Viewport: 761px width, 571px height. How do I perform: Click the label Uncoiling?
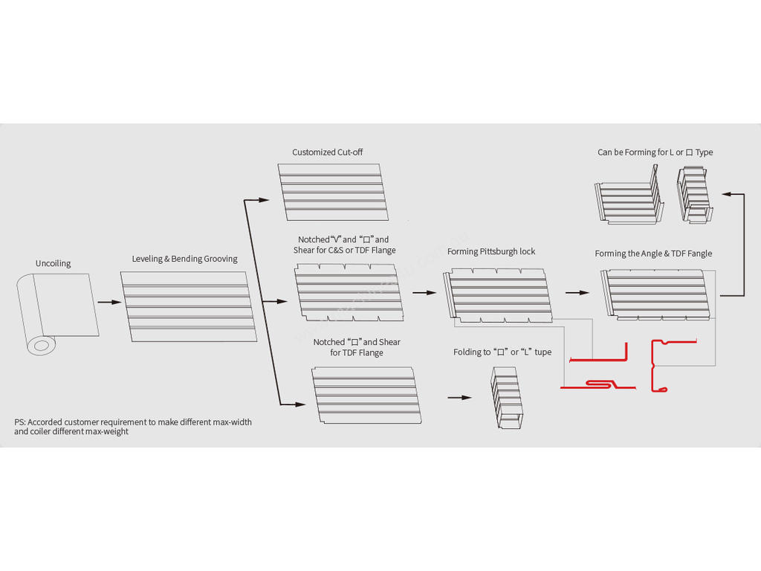click(x=53, y=263)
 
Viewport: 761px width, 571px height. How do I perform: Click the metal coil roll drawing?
click(x=57, y=313)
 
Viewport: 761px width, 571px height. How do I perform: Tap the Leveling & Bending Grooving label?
click(x=184, y=259)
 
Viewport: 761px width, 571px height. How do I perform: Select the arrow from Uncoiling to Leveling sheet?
click(x=109, y=302)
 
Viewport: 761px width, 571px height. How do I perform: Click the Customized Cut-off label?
click(x=328, y=152)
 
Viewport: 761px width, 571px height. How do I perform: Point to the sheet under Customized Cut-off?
click(x=333, y=193)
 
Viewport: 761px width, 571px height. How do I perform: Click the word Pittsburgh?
click(x=499, y=251)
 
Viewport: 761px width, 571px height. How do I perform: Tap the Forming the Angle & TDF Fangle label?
click(x=653, y=254)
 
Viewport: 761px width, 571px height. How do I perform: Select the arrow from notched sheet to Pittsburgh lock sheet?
click(x=424, y=293)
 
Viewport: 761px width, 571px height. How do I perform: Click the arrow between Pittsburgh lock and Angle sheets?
click(x=577, y=293)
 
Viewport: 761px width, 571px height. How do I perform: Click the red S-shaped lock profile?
click(x=598, y=384)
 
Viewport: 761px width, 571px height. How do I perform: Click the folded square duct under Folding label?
click(x=507, y=398)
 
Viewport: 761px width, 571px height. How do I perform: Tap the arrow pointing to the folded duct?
click(x=459, y=398)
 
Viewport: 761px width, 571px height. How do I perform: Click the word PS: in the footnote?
click(x=20, y=422)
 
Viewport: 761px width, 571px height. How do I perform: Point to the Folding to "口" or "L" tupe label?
click(x=502, y=352)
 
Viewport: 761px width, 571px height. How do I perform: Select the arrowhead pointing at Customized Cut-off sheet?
click(x=264, y=200)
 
